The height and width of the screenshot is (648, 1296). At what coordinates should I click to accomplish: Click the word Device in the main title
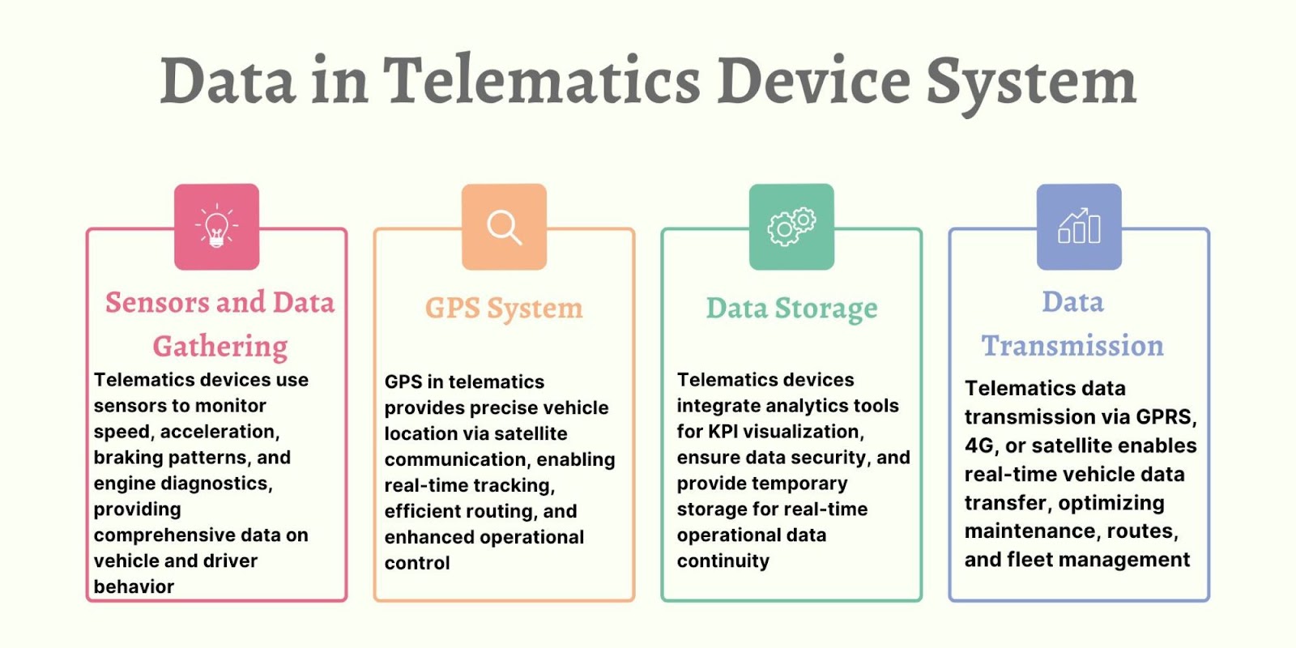tap(813, 80)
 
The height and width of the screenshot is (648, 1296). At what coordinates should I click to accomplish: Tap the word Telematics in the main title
tap(542, 80)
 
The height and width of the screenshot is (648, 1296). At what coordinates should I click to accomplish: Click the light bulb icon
tap(216, 226)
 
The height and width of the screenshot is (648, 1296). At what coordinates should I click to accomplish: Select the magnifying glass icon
tap(504, 228)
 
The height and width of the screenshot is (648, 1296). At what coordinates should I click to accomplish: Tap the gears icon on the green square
tap(791, 227)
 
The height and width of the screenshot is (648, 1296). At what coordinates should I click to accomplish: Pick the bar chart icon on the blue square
tap(1078, 226)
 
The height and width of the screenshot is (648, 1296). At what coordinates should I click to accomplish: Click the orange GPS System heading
tap(504, 309)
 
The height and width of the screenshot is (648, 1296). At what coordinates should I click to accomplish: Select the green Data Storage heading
tap(791, 309)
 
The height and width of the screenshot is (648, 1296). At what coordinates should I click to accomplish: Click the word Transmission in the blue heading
tap(1072, 346)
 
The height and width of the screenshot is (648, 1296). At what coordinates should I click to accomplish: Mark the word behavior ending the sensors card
tap(134, 586)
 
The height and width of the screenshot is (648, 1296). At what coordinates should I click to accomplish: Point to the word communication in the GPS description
tap(457, 459)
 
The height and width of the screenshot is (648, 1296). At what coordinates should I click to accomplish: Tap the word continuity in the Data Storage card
tap(723, 561)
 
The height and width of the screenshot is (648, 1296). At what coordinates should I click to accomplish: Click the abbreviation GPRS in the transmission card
tap(1166, 417)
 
